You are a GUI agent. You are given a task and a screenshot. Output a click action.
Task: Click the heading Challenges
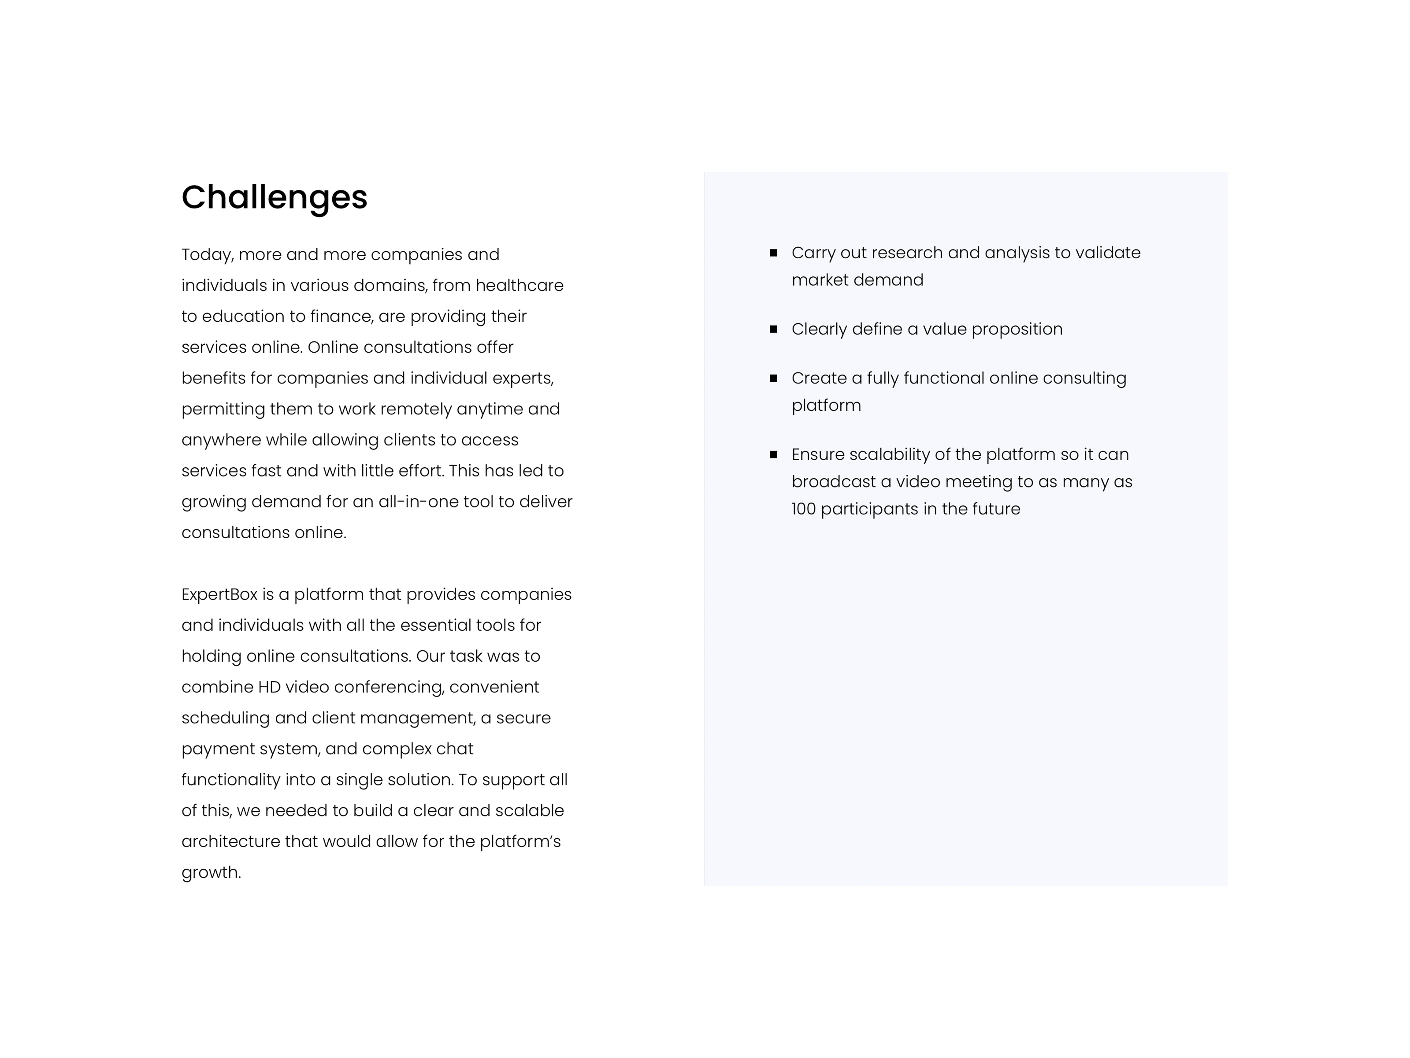pos(274,197)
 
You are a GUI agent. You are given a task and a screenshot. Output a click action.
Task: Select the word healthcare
pos(519,285)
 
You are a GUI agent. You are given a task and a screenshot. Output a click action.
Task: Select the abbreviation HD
pos(268,687)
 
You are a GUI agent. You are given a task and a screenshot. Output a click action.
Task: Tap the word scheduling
pos(226,718)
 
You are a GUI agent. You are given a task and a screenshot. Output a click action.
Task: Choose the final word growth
pos(210,872)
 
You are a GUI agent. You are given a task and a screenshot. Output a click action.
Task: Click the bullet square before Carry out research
pos(773,253)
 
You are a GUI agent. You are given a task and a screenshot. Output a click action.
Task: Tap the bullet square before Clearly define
pos(773,329)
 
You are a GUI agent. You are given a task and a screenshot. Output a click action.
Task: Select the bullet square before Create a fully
pos(773,378)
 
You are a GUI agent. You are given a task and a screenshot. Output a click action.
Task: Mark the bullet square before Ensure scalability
pos(773,454)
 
